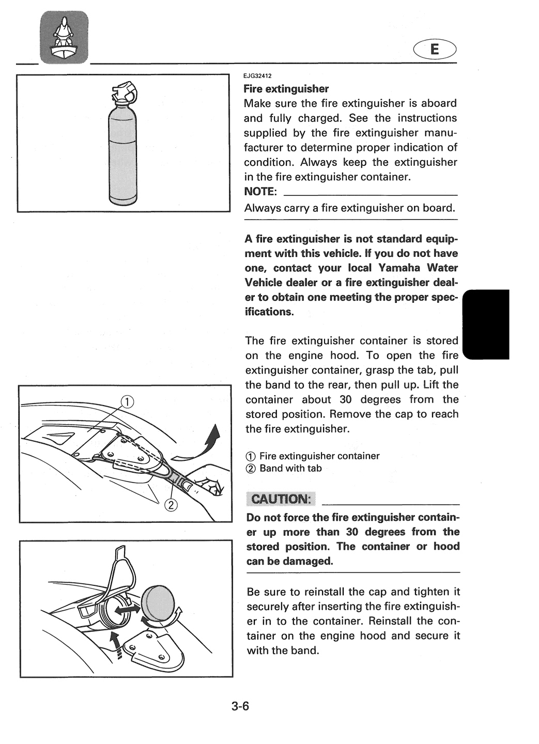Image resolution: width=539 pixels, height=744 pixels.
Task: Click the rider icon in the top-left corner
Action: (64, 37)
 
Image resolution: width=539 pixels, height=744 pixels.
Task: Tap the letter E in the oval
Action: (434, 50)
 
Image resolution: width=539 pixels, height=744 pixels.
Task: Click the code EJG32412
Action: (257, 76)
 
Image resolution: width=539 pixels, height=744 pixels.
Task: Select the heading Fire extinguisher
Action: (286, 89)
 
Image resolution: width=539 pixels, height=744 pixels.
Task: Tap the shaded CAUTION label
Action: (281, 499)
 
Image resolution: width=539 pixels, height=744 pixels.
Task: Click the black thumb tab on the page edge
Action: (486, 324)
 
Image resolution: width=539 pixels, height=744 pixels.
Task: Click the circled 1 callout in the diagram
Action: (127, 402)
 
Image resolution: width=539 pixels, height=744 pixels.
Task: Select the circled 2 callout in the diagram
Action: (171, 505)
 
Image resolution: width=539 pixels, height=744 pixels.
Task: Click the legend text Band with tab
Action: (290, 468)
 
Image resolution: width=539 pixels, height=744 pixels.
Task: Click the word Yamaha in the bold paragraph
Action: (399, 268)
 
